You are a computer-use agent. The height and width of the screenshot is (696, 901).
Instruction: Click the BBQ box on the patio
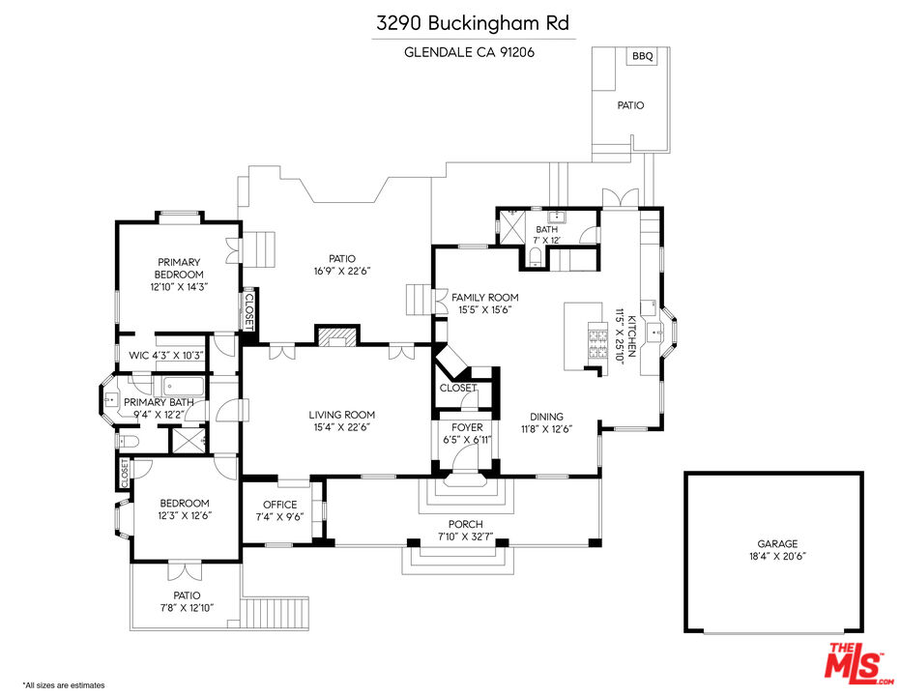[x=643, y=57]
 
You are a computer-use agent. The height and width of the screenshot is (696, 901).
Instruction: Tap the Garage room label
[x=776, y=544]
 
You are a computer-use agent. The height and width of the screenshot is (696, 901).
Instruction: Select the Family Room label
[x=484, y=298]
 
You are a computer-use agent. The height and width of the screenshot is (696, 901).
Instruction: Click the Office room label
[x=279, y=505]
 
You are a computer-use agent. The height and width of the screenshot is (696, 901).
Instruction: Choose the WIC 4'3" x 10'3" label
[x=165, y=355]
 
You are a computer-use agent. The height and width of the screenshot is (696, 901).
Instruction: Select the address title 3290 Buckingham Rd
[x=474, y=22]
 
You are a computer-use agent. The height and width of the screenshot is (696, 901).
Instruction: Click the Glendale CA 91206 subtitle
[x=469, y=52]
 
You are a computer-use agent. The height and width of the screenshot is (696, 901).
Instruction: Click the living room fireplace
[x=336, y=336]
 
